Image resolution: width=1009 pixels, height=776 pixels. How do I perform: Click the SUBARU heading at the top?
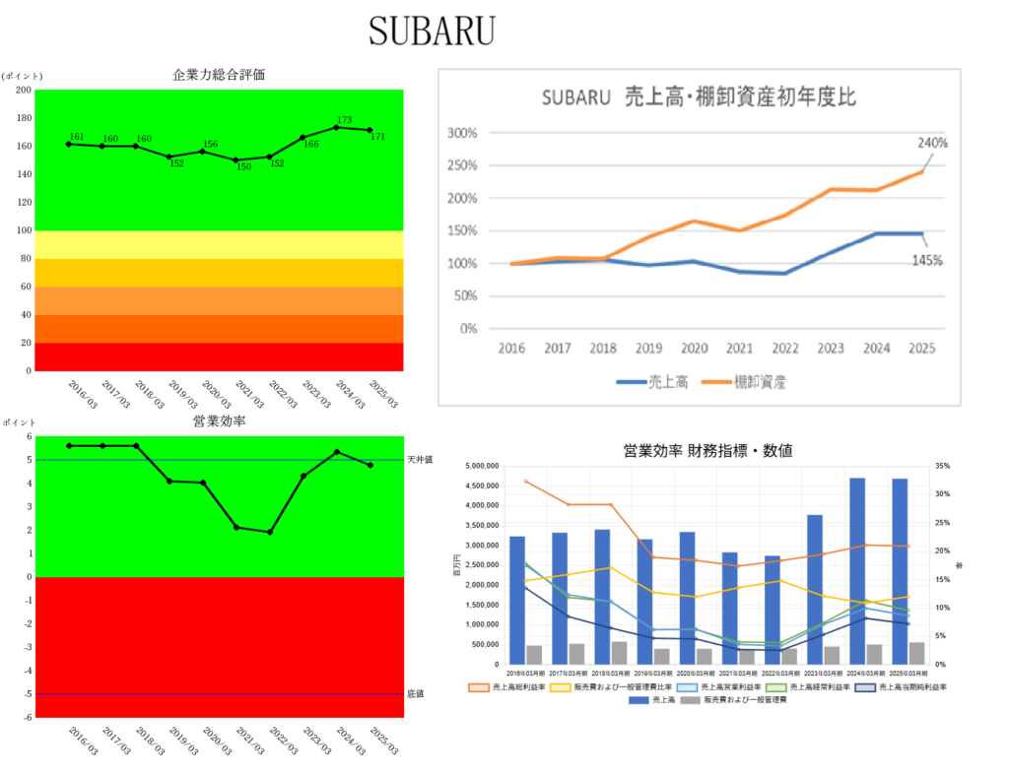tap(431, 31)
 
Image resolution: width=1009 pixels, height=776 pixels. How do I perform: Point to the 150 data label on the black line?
tap(242, 167)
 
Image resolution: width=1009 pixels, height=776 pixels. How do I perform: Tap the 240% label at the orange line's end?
tap(932, 143)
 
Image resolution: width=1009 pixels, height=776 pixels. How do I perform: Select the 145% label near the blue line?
tap(926, 260)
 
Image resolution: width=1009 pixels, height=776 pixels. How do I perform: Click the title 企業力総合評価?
tap(218, 75)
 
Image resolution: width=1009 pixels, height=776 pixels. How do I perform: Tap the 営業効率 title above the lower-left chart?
tap(218, 421)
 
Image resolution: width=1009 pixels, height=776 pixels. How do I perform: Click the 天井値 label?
tap(420, 460)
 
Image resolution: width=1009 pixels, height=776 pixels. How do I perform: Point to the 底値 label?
tap(415, 694)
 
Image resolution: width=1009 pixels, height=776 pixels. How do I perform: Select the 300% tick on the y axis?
tap(462, 133)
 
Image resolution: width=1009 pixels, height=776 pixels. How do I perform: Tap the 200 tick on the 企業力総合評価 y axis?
tap(24, 90)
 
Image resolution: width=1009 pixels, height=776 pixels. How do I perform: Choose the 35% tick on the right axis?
tap(943, 466)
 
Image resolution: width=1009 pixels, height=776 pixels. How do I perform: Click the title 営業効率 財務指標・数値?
tap(707, 450)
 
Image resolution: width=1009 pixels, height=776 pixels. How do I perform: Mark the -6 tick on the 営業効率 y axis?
tap(29, 717)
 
